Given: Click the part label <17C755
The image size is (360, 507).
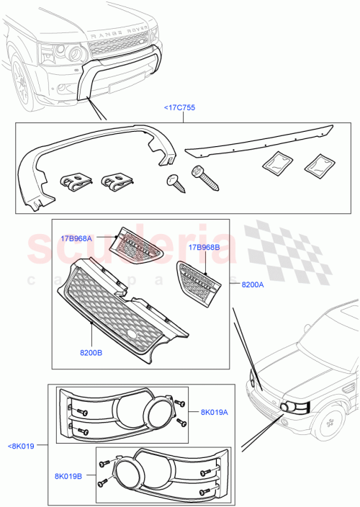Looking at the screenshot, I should click(x=180, y=108).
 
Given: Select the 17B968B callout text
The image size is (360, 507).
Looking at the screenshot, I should click(x=204, y=248).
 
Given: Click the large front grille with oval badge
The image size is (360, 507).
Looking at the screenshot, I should click(x=122, y=310).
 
